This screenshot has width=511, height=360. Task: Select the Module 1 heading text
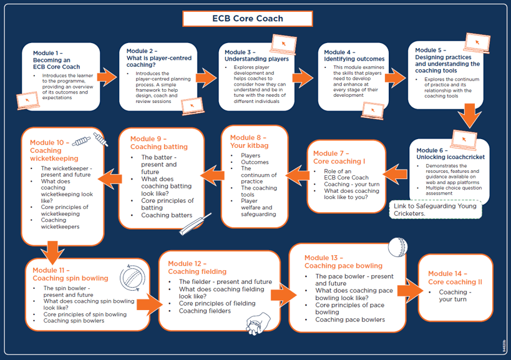[57, 60]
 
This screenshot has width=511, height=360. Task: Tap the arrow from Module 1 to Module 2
[107, 77]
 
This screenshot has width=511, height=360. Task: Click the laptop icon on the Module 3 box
[283, 44]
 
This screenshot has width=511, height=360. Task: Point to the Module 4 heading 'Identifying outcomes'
[354, 56]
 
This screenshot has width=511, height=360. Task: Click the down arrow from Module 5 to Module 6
[467, 117]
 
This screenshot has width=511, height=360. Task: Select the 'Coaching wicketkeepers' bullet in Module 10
[61, 223]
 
